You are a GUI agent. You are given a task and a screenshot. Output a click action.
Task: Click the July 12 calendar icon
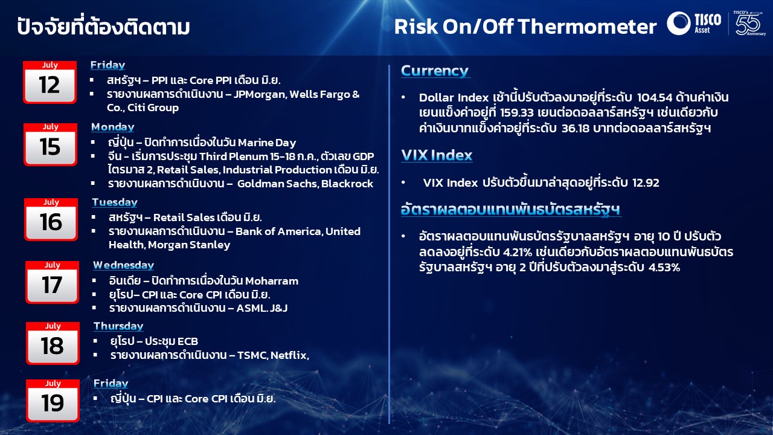50,82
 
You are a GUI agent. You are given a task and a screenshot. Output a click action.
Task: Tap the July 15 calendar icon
50,144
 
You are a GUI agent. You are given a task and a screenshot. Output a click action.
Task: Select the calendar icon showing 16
51,219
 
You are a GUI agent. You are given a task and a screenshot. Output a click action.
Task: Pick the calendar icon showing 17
52,282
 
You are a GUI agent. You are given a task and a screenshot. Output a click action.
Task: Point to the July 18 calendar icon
53,343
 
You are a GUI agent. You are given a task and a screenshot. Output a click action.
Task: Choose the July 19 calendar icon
53,401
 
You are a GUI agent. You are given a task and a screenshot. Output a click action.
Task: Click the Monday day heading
113,127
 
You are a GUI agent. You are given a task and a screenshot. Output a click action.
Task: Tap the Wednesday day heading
124,265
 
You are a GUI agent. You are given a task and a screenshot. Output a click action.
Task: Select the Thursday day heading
118,326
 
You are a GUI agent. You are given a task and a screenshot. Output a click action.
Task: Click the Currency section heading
435,71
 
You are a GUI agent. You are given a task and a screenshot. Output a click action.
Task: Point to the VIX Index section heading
437,155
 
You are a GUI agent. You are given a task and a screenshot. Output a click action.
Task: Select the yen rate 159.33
516,112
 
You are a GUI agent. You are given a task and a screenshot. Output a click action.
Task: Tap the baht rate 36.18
576,129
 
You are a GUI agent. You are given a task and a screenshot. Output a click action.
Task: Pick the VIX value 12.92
646,182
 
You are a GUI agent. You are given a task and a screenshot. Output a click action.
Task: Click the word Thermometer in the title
587,27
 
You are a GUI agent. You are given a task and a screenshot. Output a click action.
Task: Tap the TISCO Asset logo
694,23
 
